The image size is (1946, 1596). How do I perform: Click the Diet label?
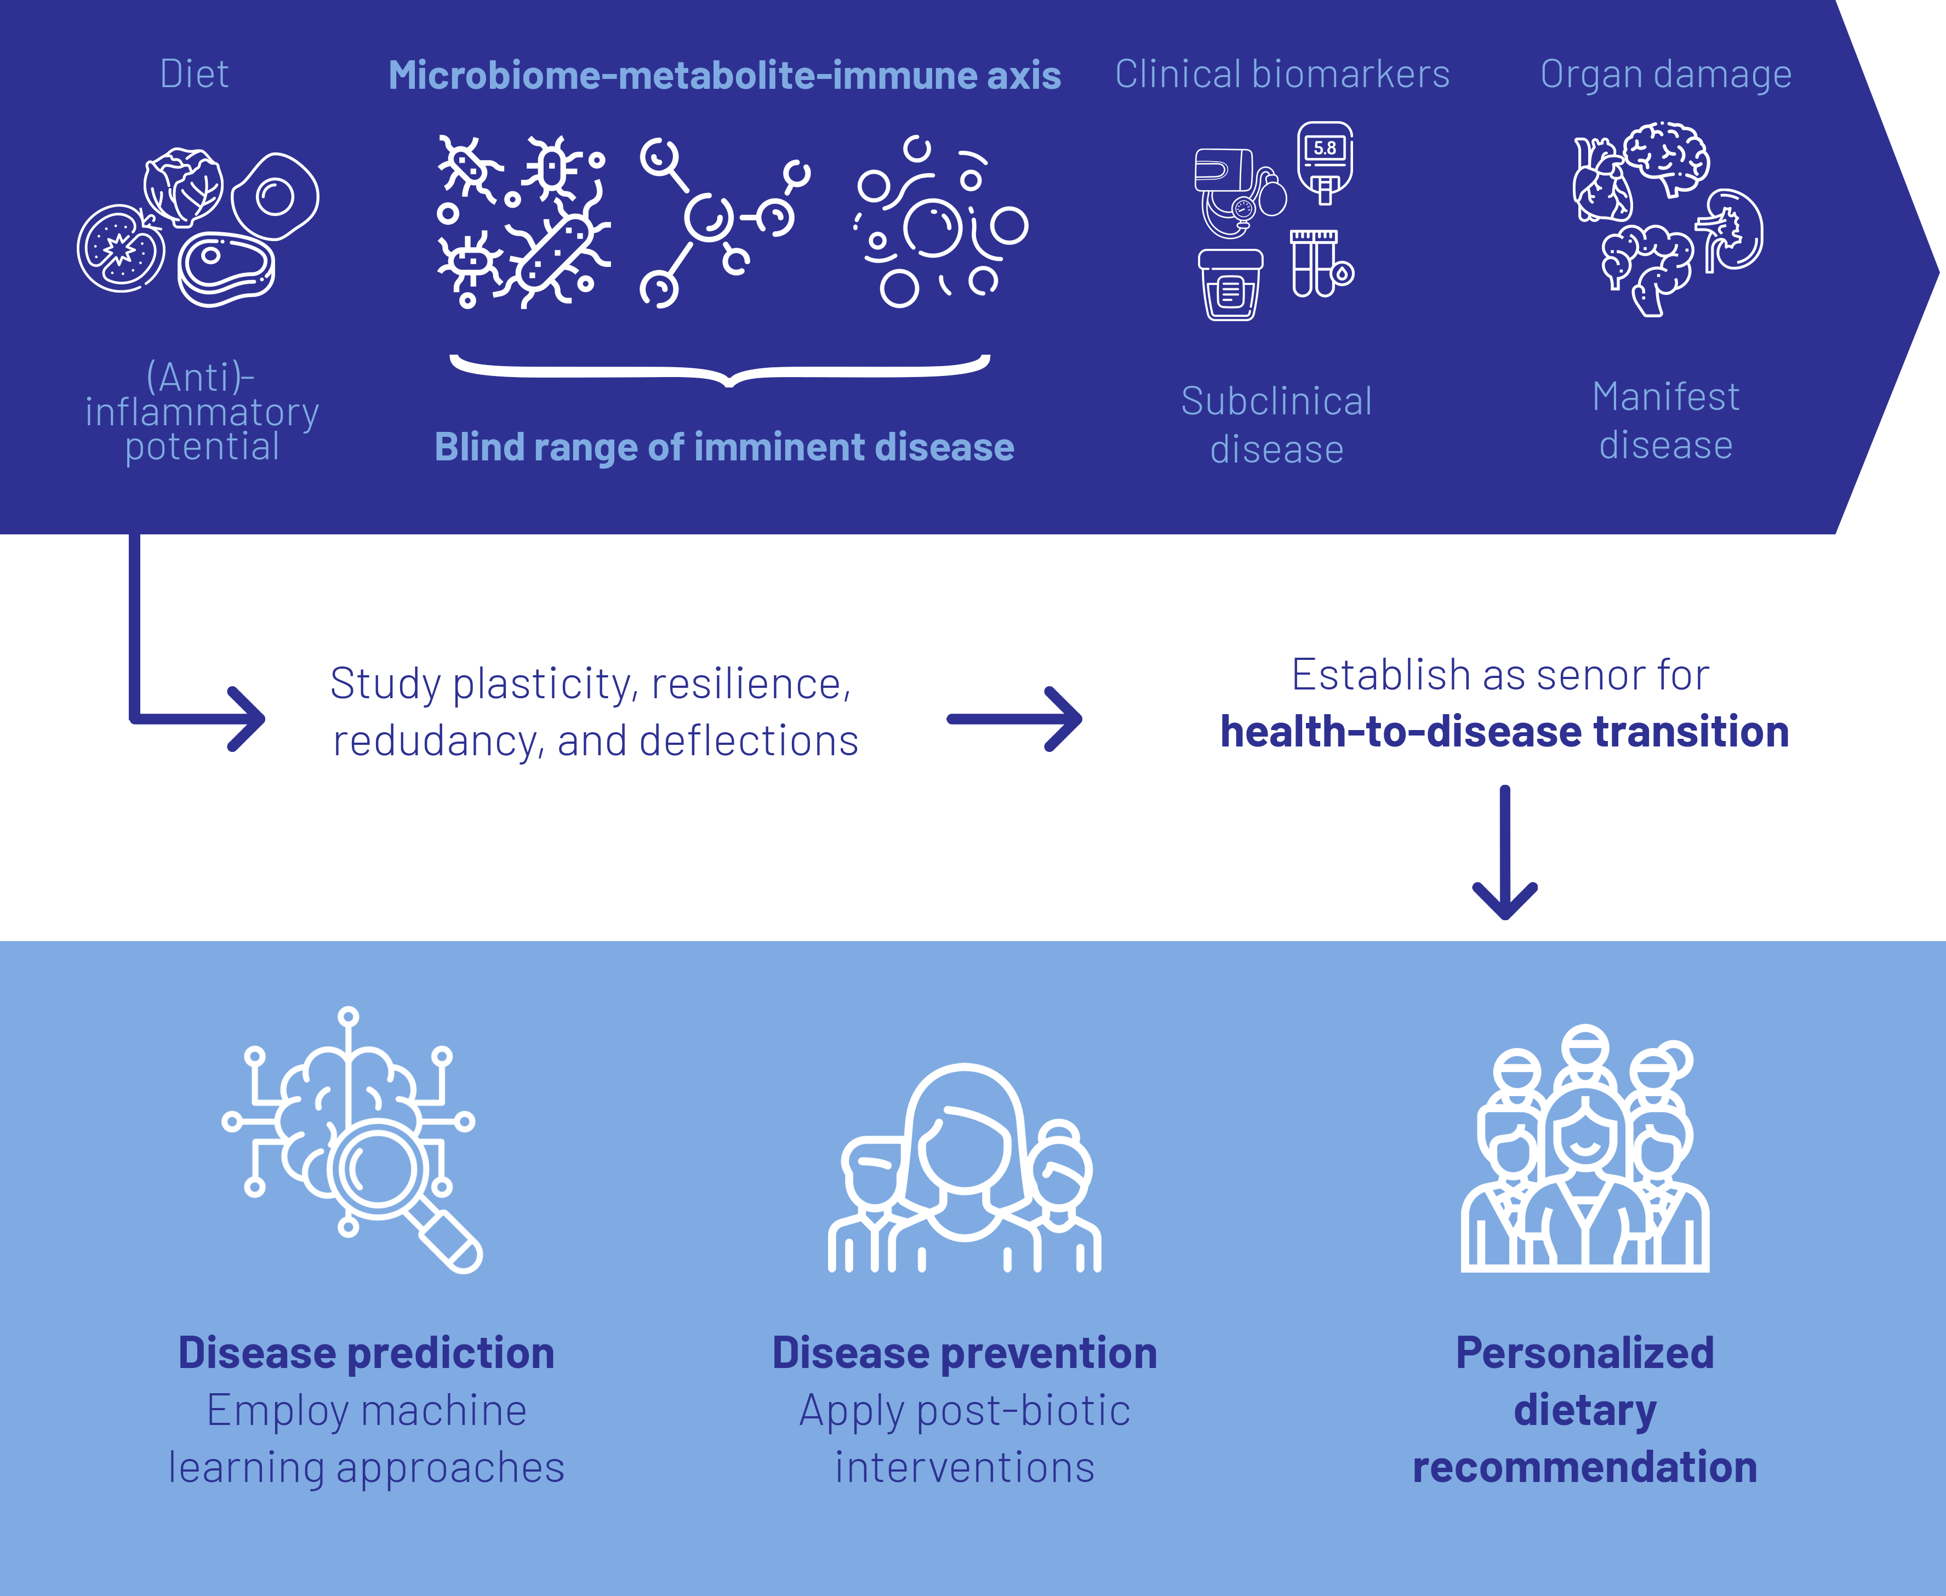tap(194, 73)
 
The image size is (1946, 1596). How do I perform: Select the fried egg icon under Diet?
tap(275, 196)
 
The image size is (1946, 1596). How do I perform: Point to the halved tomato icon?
tap(121, 248)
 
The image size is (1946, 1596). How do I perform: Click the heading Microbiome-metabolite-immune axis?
tap(724, 76)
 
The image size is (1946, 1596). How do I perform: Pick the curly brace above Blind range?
tap(720, 369)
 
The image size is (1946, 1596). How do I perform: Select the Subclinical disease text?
tap(1277, 425)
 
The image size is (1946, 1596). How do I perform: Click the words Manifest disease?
tap(1665, 421)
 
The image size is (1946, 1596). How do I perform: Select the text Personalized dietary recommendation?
tap(1585, 1409)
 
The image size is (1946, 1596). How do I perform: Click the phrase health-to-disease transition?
tap(1508, 732)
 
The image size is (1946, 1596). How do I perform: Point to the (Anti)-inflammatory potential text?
tap(202, 412)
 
